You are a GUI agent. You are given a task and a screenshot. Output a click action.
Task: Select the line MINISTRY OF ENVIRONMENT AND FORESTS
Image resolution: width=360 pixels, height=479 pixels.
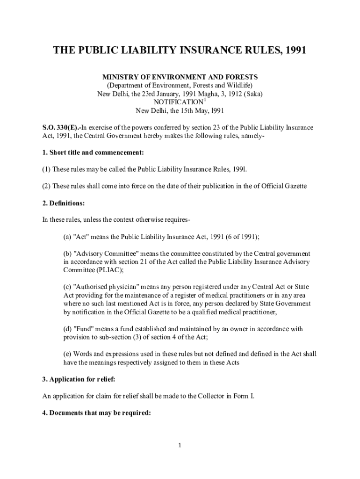click(180, 77)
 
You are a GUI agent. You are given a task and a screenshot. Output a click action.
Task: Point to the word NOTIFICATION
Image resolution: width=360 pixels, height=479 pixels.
click(178, 102)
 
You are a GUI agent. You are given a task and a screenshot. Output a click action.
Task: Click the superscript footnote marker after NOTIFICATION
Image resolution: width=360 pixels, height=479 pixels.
click(205, 100)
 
